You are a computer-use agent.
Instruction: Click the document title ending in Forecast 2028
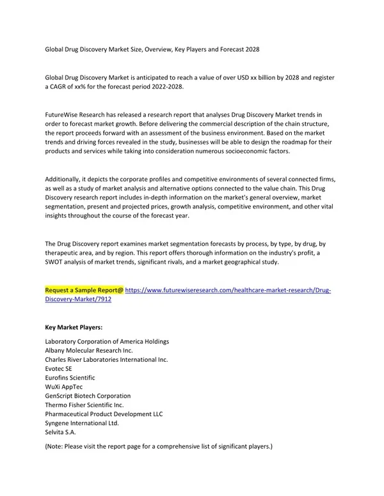(x=152, y=49)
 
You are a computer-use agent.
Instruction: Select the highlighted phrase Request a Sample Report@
(x=84, y=290)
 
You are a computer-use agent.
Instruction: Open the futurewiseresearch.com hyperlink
(x=228, y=290)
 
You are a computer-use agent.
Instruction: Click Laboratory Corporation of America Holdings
(x=107, y=341)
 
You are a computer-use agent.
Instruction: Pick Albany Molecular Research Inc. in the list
(x=89, y=350)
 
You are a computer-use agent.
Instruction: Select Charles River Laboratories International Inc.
(x=106, y=359)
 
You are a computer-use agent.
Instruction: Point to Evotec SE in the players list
(x=59, y=369)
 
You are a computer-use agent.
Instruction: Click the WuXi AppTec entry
(x=63, y=387)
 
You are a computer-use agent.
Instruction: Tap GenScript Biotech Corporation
(x=88, y=396)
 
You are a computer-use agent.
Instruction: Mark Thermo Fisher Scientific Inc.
(x=84, y=405)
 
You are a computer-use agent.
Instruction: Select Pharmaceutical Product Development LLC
(x=104, y=414)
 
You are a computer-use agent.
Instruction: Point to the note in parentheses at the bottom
(x=159, y=446)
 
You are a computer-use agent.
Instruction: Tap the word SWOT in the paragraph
(x=55, y=262)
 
